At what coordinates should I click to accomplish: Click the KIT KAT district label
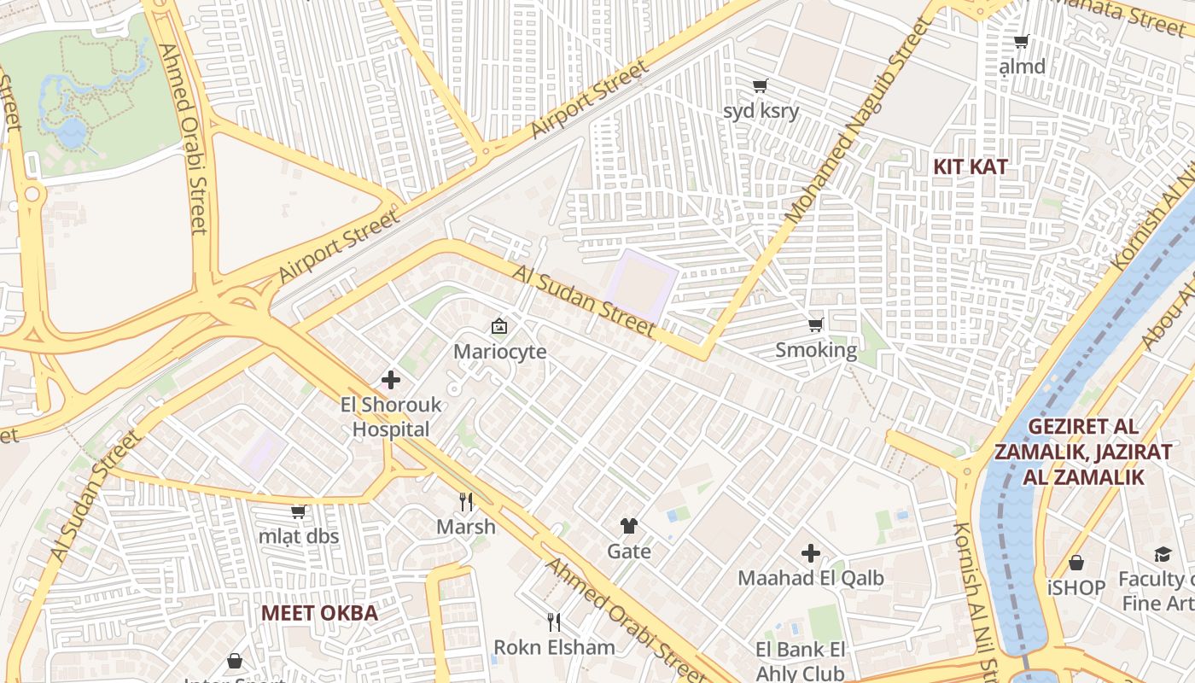coord(970,166)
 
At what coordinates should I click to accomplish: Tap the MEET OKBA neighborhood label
coord(319,613)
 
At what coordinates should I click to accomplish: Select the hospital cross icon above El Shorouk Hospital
coord(391,380)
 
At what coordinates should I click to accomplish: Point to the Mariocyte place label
coord(499,352)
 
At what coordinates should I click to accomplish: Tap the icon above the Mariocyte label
coord(499,326)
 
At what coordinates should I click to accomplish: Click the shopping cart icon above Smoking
coord(815,324)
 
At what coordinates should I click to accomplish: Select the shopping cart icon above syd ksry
coord(760,85)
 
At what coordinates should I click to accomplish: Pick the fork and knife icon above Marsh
coord(466,501)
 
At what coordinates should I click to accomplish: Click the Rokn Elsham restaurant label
coord(554,647)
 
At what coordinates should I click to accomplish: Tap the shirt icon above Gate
coord(629,526)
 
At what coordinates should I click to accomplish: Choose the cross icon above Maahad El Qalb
coord(811,553)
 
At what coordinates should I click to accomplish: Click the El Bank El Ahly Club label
coord(800,662)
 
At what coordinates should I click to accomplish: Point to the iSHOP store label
coord(1075,587)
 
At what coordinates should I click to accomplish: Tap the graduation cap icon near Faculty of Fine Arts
coord(1163,555)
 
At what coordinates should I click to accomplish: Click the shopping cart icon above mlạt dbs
coord(298,511)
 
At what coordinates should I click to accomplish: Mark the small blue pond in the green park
coord(72,131)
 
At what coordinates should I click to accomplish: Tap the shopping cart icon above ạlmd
coord(1021,41)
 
